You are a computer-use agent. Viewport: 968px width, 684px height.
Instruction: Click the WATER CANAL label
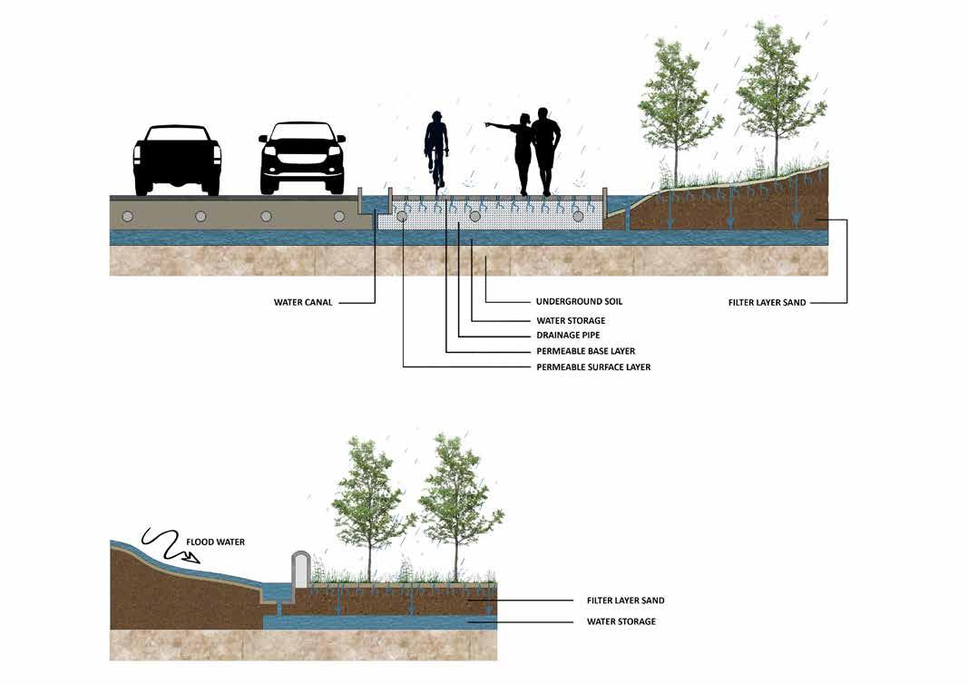coord(303,302)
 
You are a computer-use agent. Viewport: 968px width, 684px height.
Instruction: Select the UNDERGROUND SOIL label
coord(579,301)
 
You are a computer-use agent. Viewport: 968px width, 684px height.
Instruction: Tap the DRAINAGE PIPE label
coord(567,335)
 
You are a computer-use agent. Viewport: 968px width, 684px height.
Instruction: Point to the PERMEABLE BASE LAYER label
coord(585,351)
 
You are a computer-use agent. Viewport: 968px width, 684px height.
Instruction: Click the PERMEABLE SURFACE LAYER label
coord(593,367)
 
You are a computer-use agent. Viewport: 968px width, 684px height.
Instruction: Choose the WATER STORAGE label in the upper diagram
coord(570,320)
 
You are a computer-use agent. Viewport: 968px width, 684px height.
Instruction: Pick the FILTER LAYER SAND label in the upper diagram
coord(768,302)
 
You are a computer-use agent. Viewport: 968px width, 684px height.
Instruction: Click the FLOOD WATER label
coord(215,542)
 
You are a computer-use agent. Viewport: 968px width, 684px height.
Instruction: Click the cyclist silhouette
coord(437,150)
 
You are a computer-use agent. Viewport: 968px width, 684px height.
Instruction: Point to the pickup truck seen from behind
coord(177,160)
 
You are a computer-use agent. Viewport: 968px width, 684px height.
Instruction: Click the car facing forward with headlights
coord(302,159)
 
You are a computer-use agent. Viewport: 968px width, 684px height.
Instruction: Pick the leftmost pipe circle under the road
coord(128,216)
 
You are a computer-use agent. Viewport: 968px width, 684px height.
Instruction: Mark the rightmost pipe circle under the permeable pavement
coord(578,216)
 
